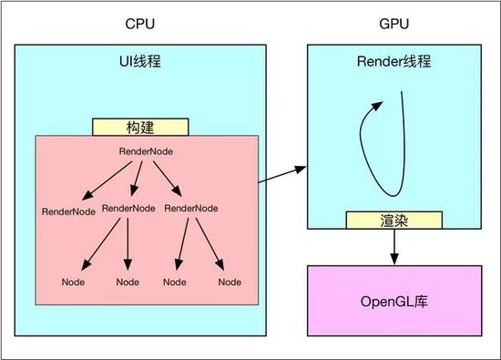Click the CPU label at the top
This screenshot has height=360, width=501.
tap(139, 21)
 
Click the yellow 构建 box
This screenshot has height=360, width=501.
tap(140, 127)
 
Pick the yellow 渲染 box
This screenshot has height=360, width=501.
tap(394, 220)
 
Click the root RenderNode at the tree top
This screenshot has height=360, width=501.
tap(147, 149)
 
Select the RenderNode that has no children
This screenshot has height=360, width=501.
tap(69, 211)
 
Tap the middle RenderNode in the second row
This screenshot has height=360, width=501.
tap(128, 208)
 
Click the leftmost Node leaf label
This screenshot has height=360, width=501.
tap(74, 282)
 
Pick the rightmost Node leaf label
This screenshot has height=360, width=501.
tap(230, 282)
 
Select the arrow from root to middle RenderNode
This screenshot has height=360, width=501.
tap(135, 178)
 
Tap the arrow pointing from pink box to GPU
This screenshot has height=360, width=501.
tap(281, 174)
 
